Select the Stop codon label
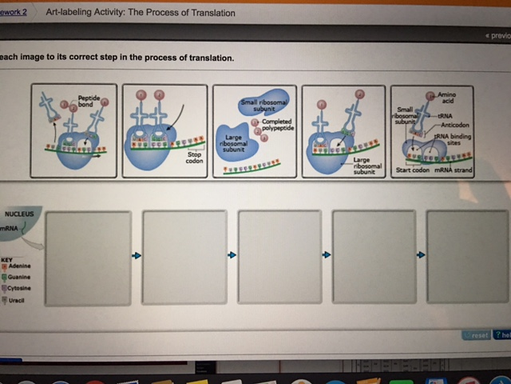(195, 158)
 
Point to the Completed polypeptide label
(275, 125)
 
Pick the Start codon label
(413, 170)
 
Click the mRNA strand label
(452, 170)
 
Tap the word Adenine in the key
(21, 266)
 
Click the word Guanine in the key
(21, 277)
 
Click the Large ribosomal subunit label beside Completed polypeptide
(233, 143)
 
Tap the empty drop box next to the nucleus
(88, 257)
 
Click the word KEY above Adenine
(7, 259)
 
